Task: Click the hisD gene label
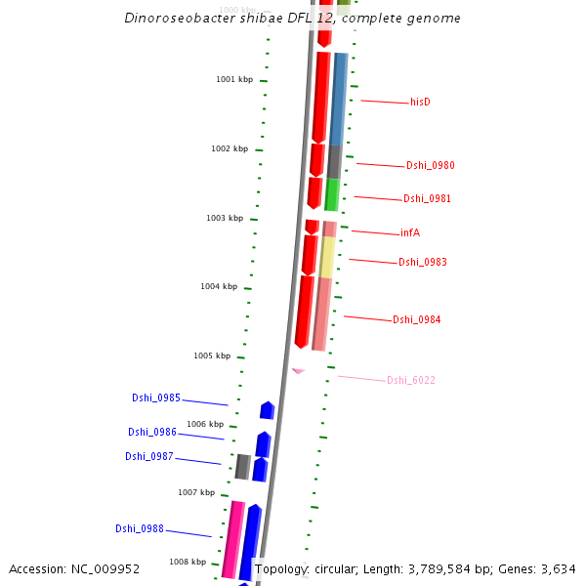tap(420, 102)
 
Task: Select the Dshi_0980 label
tap(430, 166)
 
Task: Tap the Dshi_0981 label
tap(427, 199)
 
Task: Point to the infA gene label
tap(410, 233)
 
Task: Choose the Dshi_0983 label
tap(423, 262)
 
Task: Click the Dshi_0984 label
tap(417, 320)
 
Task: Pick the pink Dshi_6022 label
tap(410, 381)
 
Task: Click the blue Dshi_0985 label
tap(156, 398)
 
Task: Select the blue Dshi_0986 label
tap(152, 433)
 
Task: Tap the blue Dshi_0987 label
tap(148, 457)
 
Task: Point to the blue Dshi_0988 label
tap(140, 529)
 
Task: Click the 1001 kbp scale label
tap(234, 79)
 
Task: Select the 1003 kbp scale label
tap(225, 218)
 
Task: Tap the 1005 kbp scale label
tap(212, 356)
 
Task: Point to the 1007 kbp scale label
tap(196, 493)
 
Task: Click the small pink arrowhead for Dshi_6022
tap(298, 371)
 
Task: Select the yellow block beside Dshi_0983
tap(327, 257)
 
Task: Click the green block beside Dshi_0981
tap(332, 195)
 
